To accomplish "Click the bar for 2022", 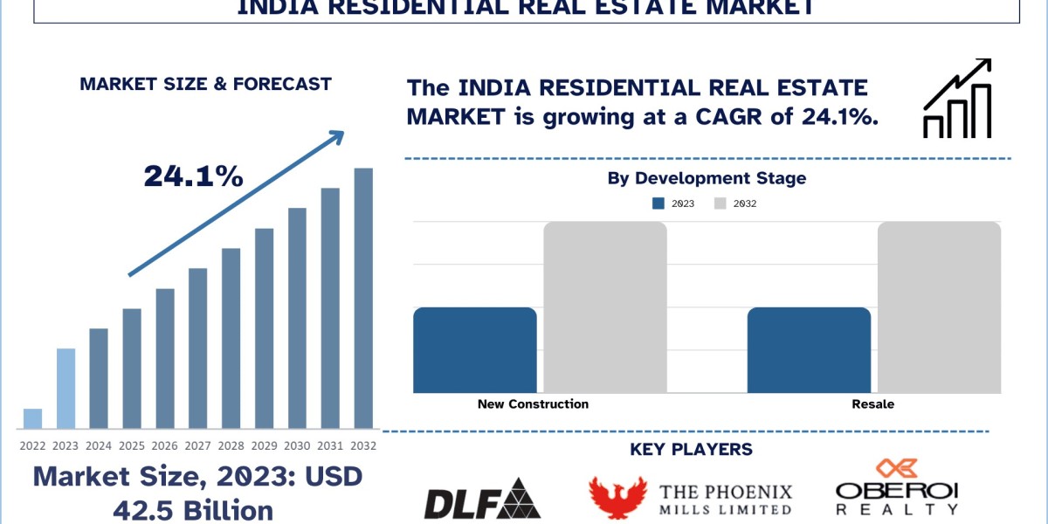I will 32,419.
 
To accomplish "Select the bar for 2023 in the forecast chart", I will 65,389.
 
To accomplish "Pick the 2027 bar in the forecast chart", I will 198,348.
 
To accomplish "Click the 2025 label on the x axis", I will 132,445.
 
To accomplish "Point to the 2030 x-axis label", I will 297,445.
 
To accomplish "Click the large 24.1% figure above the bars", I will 193,176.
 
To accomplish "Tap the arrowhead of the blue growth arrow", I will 337,137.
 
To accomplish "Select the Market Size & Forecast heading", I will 205,85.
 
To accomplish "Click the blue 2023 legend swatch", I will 658,203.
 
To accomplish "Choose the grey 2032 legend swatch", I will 720,203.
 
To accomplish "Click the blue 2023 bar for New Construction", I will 474,350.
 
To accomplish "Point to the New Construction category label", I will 533,404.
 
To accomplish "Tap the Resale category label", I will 873,404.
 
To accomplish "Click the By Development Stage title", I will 707,178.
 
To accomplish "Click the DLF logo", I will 481,499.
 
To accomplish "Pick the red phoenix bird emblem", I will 617,498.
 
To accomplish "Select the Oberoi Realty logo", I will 896,489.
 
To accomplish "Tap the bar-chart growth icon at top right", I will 957,99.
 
